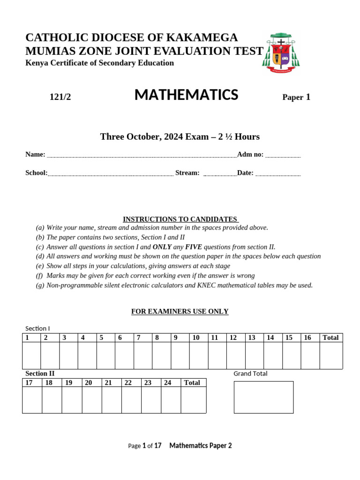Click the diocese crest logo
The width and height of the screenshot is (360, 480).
(281, 52)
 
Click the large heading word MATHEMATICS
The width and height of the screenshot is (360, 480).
(186, 95)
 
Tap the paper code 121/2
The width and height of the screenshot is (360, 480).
(60, 97)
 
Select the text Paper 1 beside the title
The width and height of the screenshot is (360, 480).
(296, 97)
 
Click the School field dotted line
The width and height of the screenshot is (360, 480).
(111, 174)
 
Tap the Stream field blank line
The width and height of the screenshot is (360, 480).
(220, 174)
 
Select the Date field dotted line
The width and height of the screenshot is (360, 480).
(278, 174)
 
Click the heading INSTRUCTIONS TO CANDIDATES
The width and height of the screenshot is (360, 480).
(180, 219)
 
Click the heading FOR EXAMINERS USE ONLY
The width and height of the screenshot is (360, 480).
(180, 312)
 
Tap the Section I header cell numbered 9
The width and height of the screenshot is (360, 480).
(180, 337)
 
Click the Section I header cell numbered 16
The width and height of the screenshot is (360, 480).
(310, 337)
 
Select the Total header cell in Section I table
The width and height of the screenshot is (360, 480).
(331, 337)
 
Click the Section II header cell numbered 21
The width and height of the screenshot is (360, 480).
(112, 383)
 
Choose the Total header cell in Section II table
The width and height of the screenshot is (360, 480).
(193, 383)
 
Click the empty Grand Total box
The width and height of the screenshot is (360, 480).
(263, 397)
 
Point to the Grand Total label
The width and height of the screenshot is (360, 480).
(250, 374)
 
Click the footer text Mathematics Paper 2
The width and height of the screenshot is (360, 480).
(200, 446)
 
